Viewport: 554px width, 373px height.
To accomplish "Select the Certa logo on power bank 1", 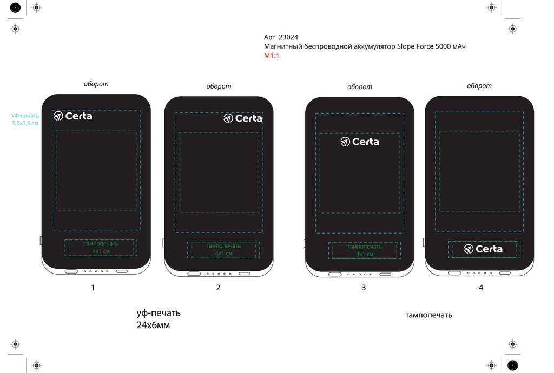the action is click(72, 116).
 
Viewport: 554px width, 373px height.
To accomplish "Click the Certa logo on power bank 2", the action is click(243, 118).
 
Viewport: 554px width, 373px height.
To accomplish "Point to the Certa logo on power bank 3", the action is click(360, 142).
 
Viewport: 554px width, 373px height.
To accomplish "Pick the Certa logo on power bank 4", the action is click(483, 249).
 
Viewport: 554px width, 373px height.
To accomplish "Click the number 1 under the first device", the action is click(93, 288).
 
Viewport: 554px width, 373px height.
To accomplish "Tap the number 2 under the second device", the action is click(218, 288).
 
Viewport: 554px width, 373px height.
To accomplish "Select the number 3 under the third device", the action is click(364, 288).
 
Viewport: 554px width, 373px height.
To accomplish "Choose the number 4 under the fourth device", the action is click(481, 288).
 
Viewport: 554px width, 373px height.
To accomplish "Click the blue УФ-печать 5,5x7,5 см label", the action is click(25, 119).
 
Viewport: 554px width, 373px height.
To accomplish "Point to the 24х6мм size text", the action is click(153, 325).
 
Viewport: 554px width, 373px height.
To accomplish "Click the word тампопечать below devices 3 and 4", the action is click(428, 315).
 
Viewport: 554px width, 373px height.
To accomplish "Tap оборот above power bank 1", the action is click(96, 84).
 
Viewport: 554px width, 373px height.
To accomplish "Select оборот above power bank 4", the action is click(479, 85).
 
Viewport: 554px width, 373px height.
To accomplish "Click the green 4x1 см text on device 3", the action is click(365, 254).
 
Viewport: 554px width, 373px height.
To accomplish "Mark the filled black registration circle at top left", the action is click(15, 8).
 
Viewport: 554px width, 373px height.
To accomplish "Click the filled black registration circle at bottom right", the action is click(512, 365).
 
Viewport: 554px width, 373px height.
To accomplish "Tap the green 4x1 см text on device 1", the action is click(101, 251).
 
